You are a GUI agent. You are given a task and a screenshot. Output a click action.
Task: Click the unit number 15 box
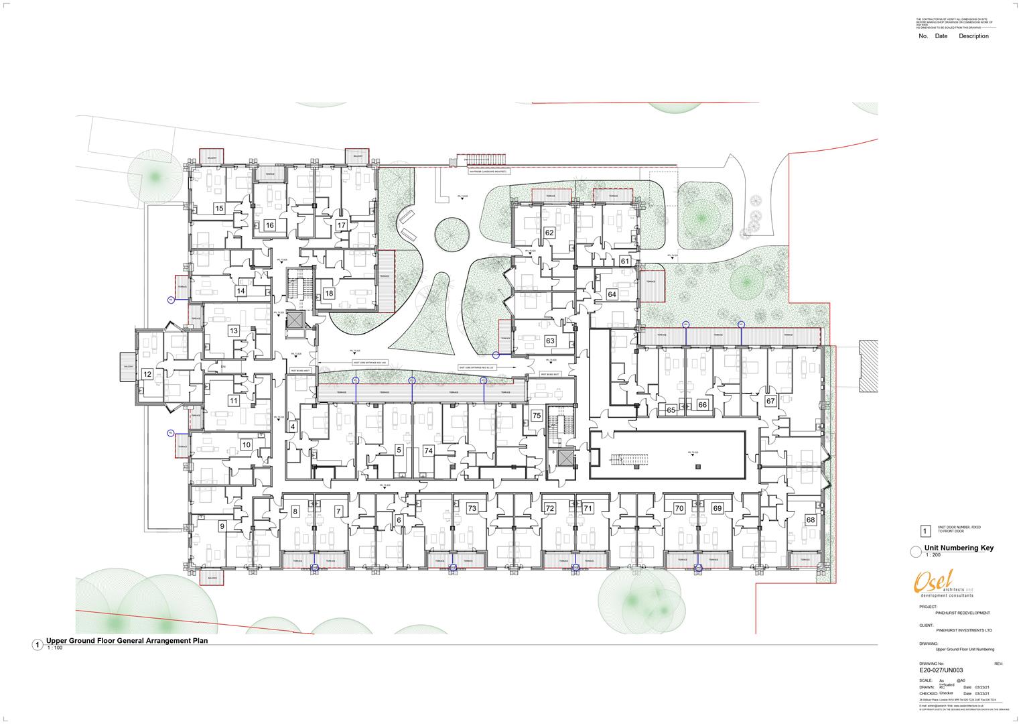click(219, 208)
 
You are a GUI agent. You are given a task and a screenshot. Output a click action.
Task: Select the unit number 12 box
click(147, 374)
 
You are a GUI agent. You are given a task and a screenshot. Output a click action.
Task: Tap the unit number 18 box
click(328, 294)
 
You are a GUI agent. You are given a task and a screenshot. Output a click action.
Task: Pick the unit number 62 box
click(549, 233)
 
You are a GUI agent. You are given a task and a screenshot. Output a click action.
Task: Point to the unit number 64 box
click(612, 294)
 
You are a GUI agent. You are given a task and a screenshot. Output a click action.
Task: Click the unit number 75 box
click(537, 416)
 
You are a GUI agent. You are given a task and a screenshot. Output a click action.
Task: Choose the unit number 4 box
click(292, 426)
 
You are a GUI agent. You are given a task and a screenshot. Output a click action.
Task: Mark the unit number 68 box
click(811, 520)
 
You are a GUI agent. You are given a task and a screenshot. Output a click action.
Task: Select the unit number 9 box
click(222, 527)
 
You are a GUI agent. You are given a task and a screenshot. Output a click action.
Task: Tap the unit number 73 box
click(472, 509)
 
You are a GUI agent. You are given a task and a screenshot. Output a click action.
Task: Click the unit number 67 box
click(770, 401)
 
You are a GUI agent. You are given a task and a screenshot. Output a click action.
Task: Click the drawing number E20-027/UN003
click(941, 670)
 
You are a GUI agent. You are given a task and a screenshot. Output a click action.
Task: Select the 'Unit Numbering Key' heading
click(959, 548)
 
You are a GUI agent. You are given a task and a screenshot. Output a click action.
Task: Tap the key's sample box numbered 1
click(925, 532)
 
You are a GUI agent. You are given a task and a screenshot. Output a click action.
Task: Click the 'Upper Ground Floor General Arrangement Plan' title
click(127, 641)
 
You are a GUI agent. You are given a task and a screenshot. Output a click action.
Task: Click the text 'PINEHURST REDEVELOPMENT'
click(963, 613)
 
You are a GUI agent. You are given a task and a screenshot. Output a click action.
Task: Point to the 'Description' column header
click(973, 36)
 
